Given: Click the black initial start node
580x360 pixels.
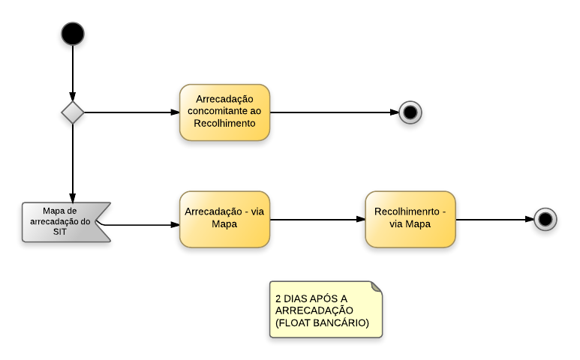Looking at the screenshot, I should pos(73,34).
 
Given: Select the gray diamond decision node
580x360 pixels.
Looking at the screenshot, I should pos(73,112).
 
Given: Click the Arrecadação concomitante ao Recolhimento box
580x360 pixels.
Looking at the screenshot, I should pos(224,112).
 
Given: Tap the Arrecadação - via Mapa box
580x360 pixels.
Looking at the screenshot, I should pos(224,219).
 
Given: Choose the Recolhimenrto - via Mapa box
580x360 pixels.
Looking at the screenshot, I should pos(410,219).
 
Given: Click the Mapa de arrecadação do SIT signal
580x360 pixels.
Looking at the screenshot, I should pos(64,222).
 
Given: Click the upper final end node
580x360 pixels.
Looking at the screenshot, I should pos(410,112).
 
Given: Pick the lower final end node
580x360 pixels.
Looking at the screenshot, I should pos(545,219).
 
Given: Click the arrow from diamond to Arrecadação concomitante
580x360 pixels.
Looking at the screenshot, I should pos(131,112).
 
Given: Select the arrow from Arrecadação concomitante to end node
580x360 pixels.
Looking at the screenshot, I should pos(334,112).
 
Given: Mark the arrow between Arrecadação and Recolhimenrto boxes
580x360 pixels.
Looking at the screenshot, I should pos(317,220).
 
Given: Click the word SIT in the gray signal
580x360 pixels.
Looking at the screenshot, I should pos(60,232).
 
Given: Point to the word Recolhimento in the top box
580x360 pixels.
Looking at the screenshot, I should pos(225,124).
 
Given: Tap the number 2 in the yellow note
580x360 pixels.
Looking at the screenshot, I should pos(278,298).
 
